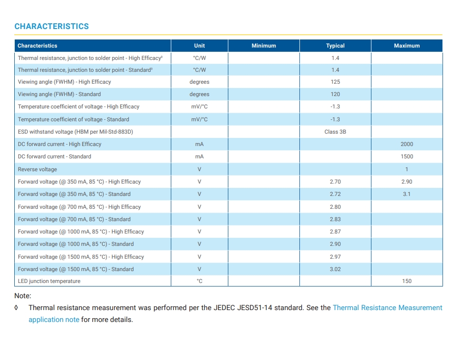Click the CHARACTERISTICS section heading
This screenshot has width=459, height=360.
[x=51, y=26]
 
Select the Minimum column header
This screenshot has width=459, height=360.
[x=264, y=46]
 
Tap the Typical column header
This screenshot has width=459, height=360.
[x=335, y=46]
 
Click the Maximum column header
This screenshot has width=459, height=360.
[x=407, y=46]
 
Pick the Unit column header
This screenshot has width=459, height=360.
[x=200, y=46]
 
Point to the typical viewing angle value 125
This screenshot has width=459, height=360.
[x=335, y=82]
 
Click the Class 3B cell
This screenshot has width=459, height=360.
[x=335, y=132]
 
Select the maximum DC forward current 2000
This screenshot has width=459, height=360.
[x=407, y=144]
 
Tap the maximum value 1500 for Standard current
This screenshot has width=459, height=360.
[x=407, y=157]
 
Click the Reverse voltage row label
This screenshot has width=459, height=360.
[x=38, y=169]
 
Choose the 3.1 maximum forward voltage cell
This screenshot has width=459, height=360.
[x=407, y=194]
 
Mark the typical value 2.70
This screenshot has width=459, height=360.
[x=335, y=182]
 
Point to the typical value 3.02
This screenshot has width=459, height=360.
[x=335, y=269]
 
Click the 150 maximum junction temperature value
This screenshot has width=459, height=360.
[x=407, y=281]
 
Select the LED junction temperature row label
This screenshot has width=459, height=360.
[x=49, y=281]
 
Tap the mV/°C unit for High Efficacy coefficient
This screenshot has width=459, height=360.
[x=200, y=107]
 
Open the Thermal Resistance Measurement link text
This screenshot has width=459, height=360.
[x=388, y=308]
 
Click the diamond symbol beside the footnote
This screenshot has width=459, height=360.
[x=16, y=308]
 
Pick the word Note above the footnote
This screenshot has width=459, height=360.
[x=22, y=296]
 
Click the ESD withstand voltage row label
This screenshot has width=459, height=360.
[x=76, y=132]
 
